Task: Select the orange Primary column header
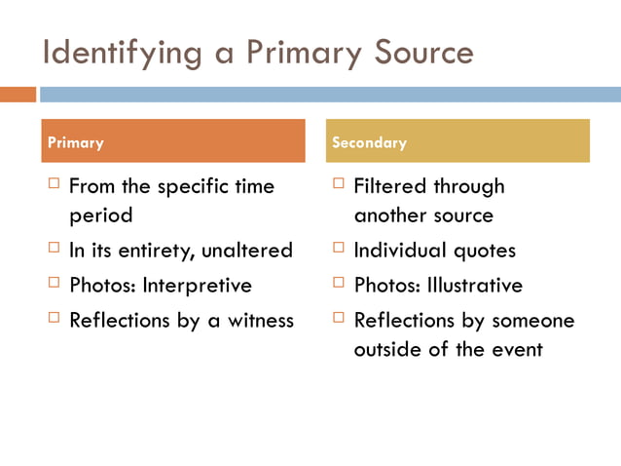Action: [x=172, y=141]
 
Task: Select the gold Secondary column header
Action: [x=457, y=141]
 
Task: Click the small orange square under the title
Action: [x=17, y=95]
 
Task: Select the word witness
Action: [x=261, y=321]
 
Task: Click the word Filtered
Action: [x=390, y=186]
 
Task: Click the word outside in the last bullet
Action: [x=390, y=350]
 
